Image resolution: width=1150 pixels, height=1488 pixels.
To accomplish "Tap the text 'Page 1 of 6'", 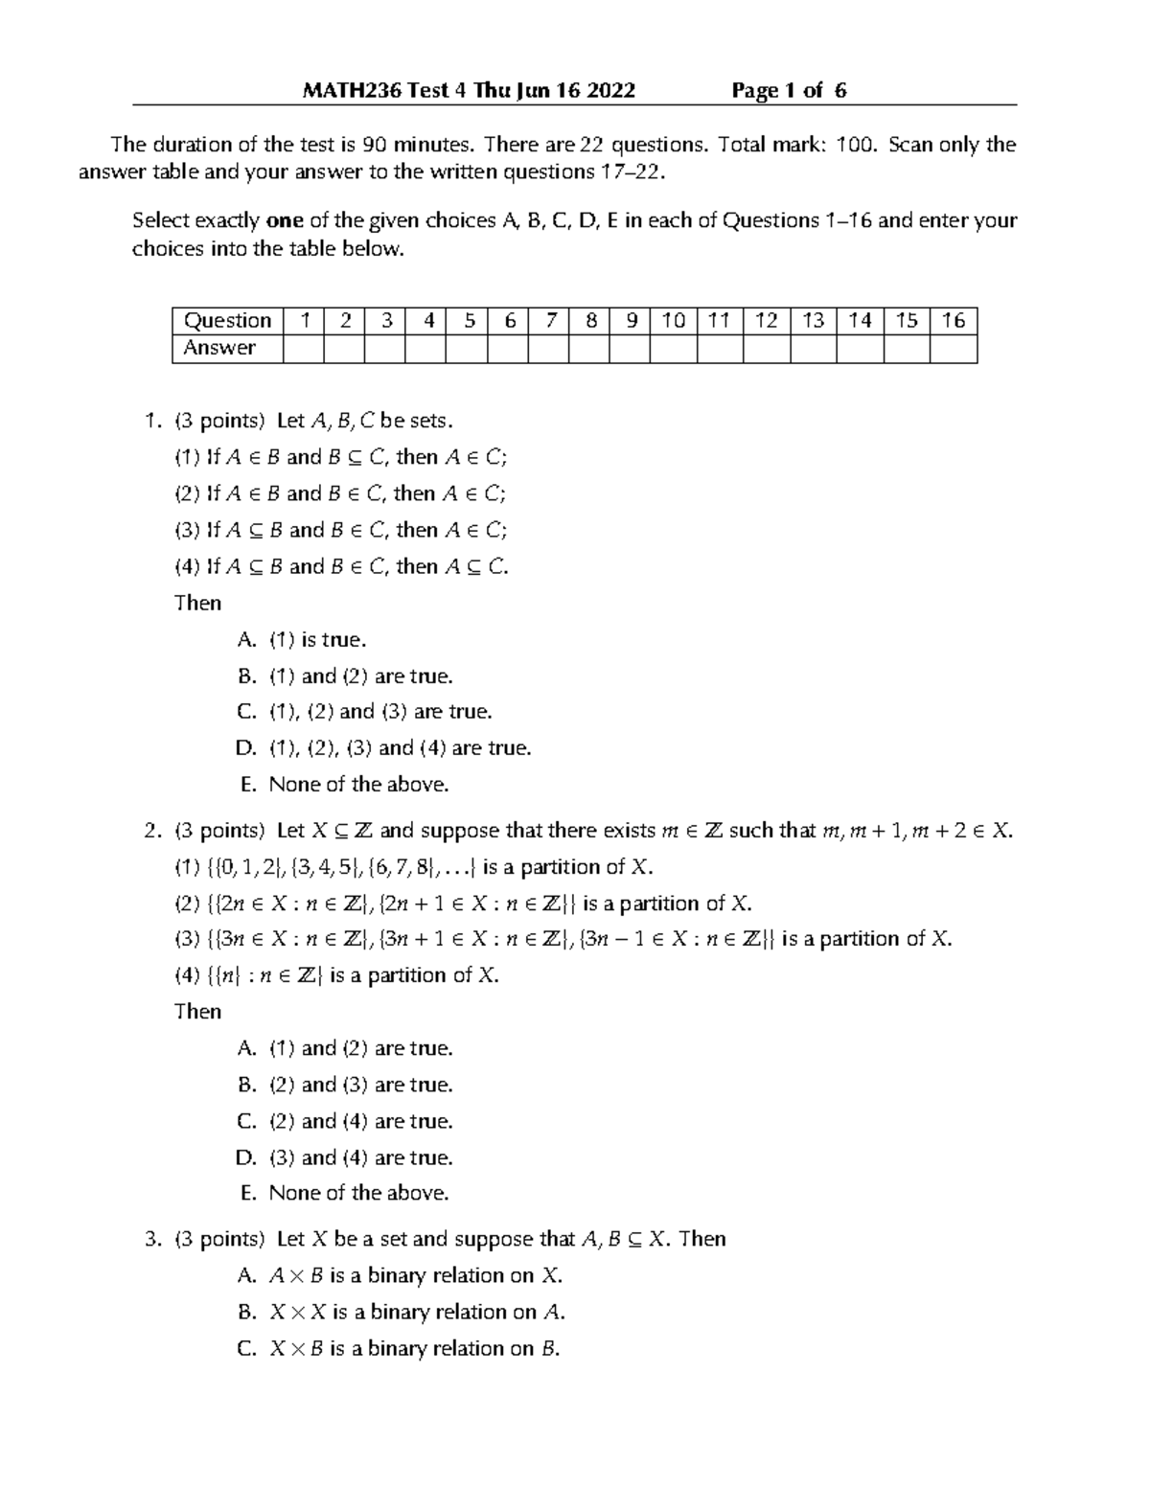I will [x=789, y=91].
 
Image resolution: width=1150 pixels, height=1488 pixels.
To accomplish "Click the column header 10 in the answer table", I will [x=673, y=321].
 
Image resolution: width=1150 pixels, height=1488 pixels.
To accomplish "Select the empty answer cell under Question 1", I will [x=304, y=349].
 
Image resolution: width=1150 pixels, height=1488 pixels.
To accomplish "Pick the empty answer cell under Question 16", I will [x=953, y=349].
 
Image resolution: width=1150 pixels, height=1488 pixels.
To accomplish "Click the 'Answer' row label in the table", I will [x=219, y=349].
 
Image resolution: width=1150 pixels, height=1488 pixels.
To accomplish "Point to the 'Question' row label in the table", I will [x=227, y=321].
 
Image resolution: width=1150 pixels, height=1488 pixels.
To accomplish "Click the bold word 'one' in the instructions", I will [x=284, y=220].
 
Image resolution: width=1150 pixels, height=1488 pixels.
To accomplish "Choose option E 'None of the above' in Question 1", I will [x=344, y=785].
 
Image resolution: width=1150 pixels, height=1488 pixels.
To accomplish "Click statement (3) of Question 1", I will [x=340, y=530].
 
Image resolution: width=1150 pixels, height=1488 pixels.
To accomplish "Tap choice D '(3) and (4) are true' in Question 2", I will [x=344, y=1157].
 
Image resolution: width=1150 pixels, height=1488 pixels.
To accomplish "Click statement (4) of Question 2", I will [x=336, y=975].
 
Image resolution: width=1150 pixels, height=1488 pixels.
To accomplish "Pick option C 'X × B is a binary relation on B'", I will [x=398, y=1348].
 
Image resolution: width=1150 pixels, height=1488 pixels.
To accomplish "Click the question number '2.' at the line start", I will [x=152, y=831].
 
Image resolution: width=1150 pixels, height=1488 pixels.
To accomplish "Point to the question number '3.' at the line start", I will [x=152, y=1239].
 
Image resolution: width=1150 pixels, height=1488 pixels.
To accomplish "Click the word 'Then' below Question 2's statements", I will [x=197, y=1012].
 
